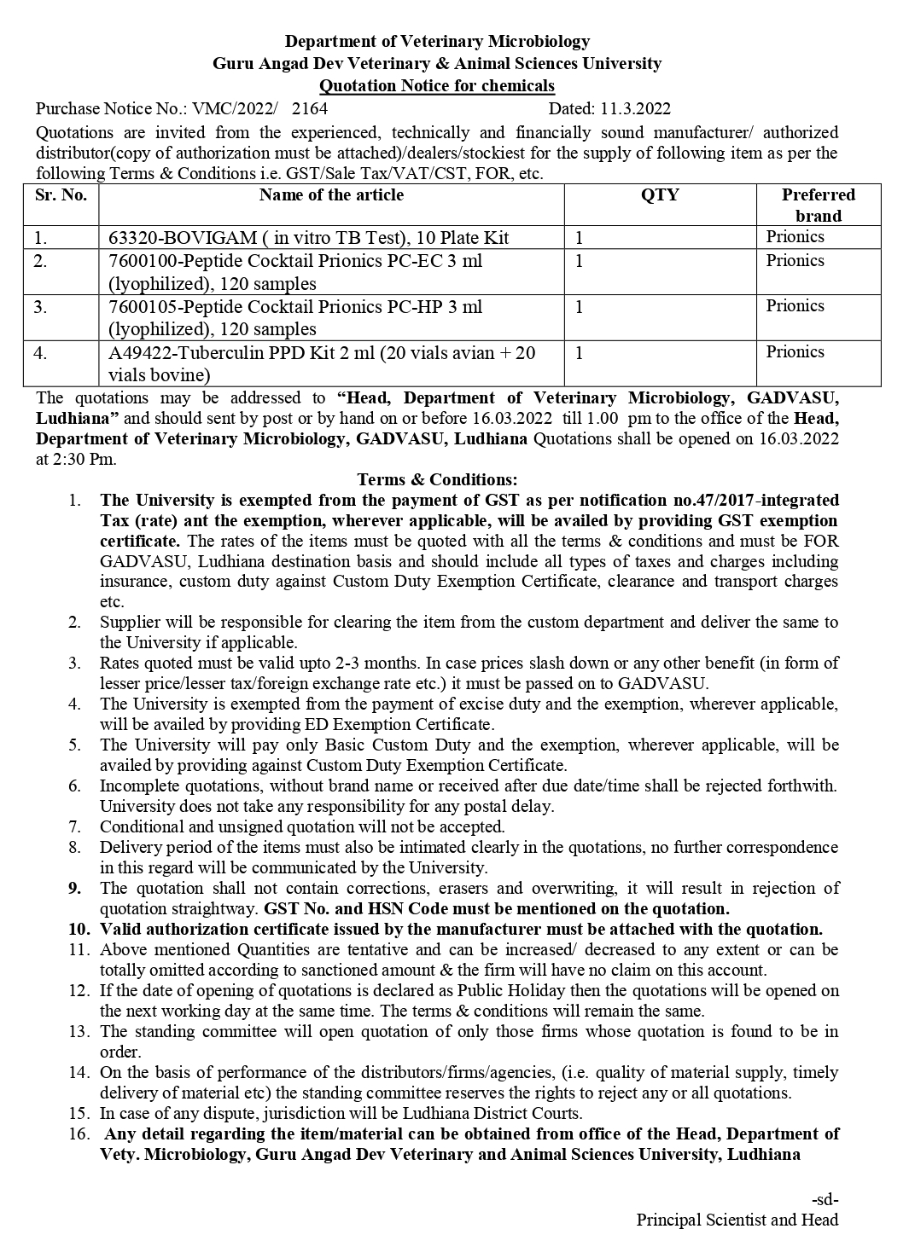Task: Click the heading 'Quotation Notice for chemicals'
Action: pos(436,85)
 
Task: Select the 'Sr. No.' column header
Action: pos(61,195)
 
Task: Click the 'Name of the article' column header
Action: pos(331,195)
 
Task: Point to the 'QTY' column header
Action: pos(660,195)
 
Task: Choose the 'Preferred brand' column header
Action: pos(818,205)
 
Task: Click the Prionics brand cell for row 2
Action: pos(795,261)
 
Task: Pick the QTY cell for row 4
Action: pos(579,353)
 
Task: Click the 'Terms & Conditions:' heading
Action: pos(437,480)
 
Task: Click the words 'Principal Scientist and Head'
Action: pos(737,1220)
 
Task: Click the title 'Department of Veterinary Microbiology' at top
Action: pos(437,41)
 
